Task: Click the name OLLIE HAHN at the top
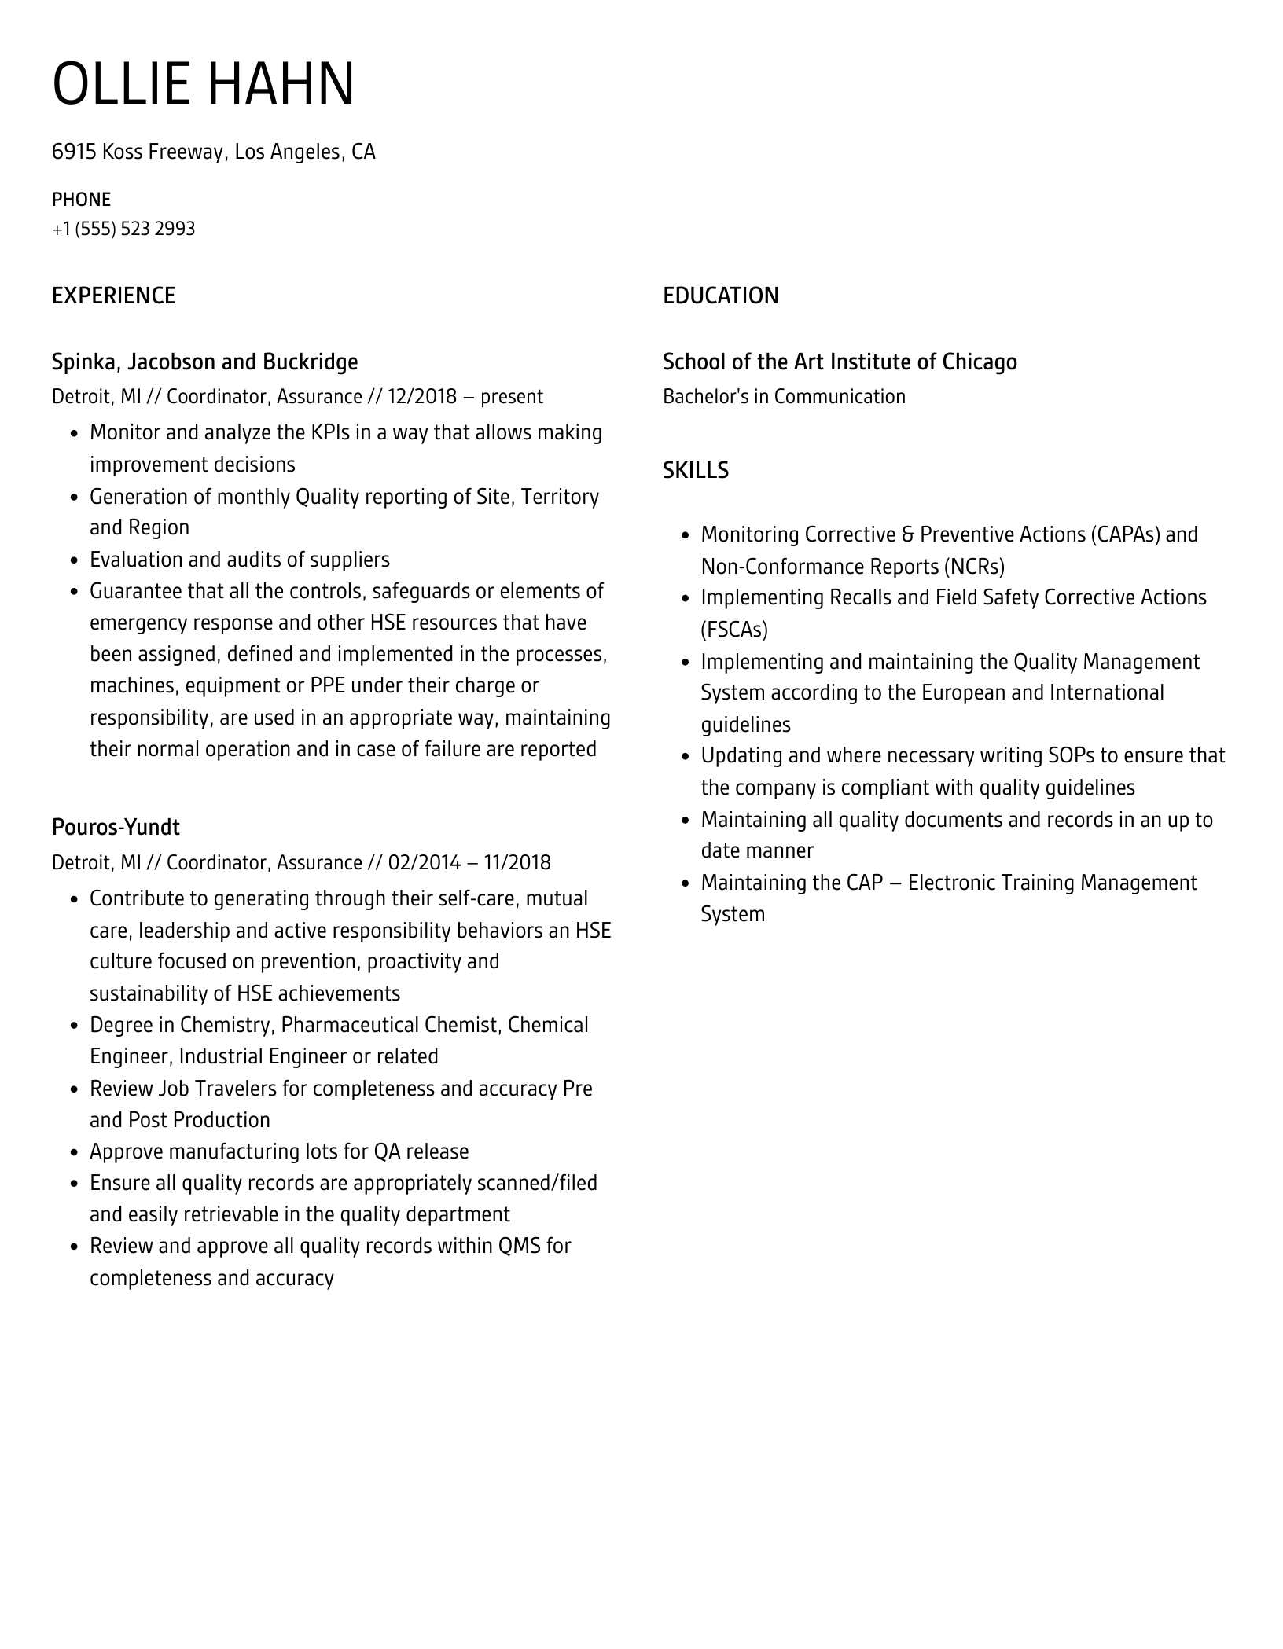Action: pyautogui.click(x=203, y=84)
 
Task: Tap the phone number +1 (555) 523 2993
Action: pyautogui.click(x=123, y=229)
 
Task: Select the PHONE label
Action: pyautogui.click(x=81, y=200)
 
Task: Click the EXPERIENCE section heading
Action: pyautogui.click(x=113, y=296)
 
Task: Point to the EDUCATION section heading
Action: pyautogui.click(x=720, y=296)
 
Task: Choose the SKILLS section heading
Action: pyautogui.click(x=695, y=470)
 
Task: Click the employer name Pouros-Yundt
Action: pyautogui.click(x=116, y=827)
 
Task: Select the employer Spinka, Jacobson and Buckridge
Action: pyautogui.click(x=204, y=362)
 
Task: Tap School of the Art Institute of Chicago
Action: pyautogui.click(x=840, y=362)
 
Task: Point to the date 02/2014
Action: pyautogui.click(x=424, y=862)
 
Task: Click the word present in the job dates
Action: pyautogui.click(x=512, y=396)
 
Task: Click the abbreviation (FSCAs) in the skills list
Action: pyautogui.click(x=733, y=630)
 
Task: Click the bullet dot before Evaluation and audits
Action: pyautogui.click(x=74, y=560)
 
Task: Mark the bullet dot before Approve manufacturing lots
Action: pyautogui.click(x=74, y=1152)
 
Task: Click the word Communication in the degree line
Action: pyautogui.click(x=839, y=396)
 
